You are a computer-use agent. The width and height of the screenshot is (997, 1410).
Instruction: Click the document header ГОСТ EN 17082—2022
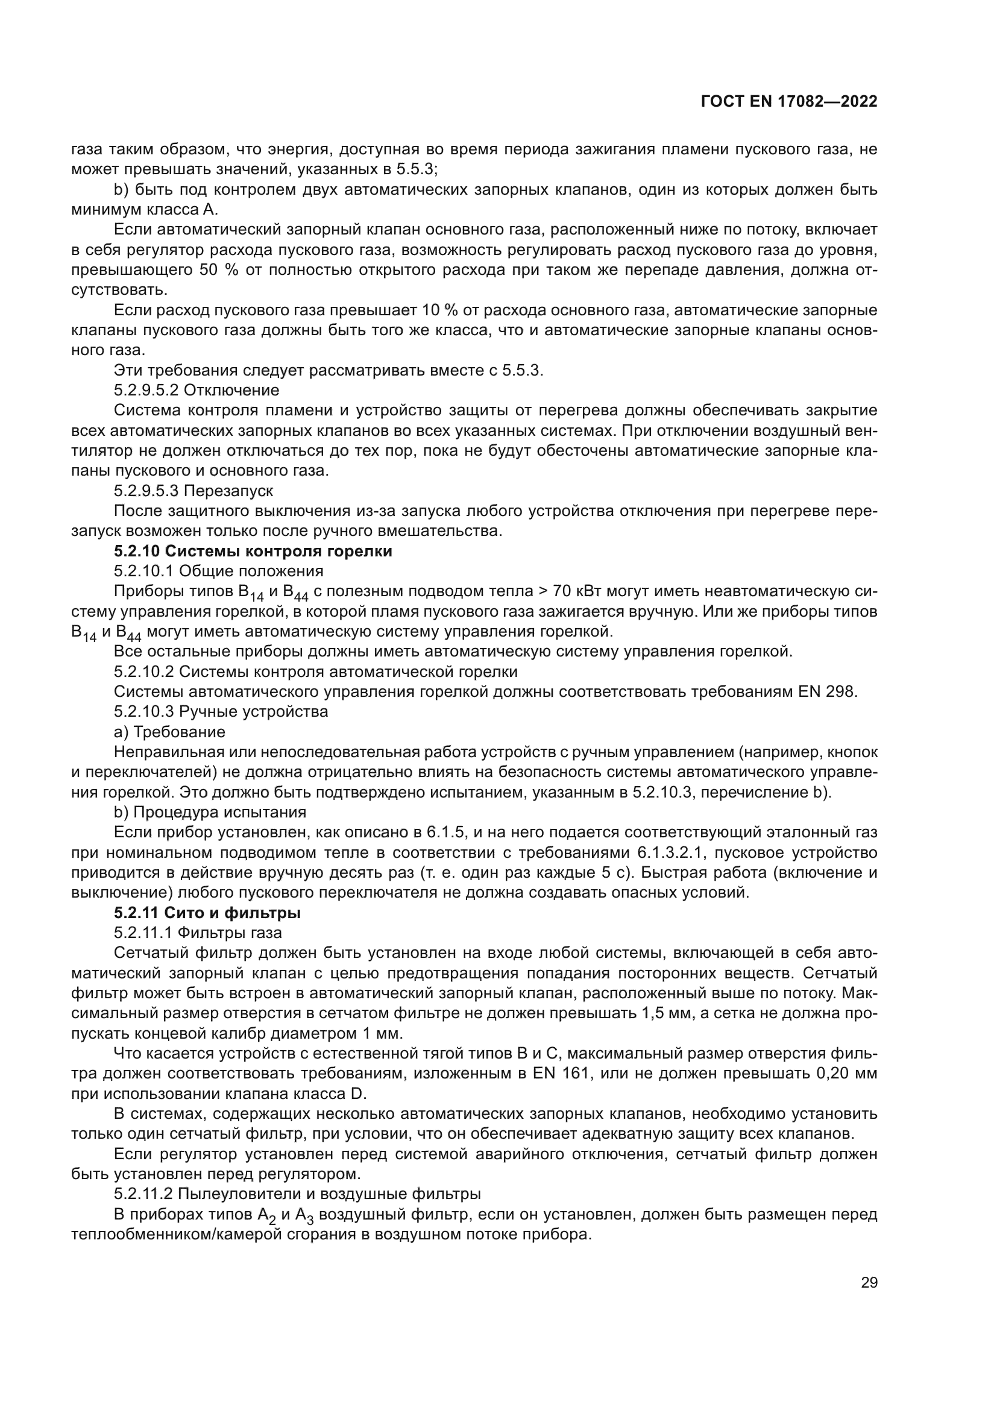tap(788, 102)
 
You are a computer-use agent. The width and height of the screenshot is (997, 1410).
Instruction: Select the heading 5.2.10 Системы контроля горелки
tap(253, 552)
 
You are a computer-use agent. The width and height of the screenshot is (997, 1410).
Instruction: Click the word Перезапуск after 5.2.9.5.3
tap(228, 491)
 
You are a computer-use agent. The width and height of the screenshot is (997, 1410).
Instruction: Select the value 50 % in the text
tap(219, 270)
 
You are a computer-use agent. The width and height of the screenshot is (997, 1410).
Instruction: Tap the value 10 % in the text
tap(436, 310)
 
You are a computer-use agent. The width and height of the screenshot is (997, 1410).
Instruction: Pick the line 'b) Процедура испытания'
tap(210, 813)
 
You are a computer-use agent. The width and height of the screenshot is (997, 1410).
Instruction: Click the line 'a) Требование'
tap(169, 732)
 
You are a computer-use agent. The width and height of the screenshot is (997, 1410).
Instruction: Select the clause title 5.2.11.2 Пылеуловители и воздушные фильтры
tap(297, 1194)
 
